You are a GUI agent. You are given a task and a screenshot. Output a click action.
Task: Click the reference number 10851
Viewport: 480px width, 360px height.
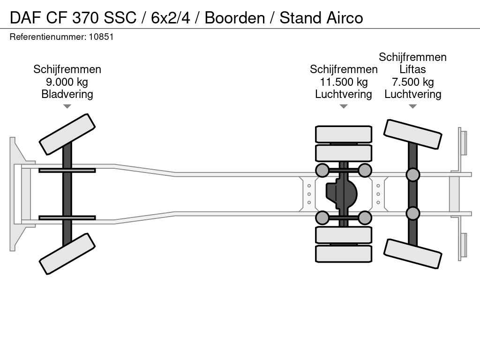pyautogui.click(x=101, y=37)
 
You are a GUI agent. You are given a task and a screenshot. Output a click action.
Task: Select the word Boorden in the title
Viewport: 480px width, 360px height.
pyautogui.click(x=235, y=18)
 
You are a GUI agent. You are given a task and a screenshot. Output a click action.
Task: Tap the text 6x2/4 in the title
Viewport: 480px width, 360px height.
pyautogui.click(x=171, y=18)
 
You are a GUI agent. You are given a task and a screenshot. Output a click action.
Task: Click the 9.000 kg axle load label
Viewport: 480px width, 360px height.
pyautogui.click(x=67, y=82)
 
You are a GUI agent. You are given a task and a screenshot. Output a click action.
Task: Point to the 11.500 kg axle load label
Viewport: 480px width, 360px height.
pyautogui.click(x=344, y=82)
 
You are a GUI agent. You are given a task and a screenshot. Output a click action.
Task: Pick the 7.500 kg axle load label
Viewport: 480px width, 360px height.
pyautogui.click(x=412, y=82)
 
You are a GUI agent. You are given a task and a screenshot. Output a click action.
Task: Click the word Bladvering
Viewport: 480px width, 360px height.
pyautogui.click(x=67, y=94)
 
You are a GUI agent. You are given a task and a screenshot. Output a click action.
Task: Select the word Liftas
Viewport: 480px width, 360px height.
pyautogui.click(x=412, y=69)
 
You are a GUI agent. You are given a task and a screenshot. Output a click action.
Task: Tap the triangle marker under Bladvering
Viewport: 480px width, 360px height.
pyautogui.click(x=67, y=106)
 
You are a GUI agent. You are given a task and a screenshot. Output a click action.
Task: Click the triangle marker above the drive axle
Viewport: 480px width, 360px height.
pyautogui.click(x=344, y=106)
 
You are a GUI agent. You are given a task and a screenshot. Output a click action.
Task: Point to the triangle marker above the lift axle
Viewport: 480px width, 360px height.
pyautogui.click(x=412, y=106)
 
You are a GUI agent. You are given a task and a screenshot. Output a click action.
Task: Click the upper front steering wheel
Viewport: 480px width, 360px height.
pyautogui.click(x=67, y=135)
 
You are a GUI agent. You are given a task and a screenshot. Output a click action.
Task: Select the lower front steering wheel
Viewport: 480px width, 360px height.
pyautogui.click(x=67, y=254)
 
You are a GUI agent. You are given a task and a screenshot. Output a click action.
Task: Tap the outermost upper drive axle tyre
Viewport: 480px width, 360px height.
pyautogui.click(x=344, y=134)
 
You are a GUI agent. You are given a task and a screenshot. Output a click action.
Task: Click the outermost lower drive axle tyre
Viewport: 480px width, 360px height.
pyautogui.click(x=344, y=254)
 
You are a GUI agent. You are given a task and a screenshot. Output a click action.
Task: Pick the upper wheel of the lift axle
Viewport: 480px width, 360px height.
pyautogui.click(x=412, y=135)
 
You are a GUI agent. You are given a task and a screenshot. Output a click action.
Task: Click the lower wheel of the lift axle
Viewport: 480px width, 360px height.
pyautogui.click(x=412, y=254)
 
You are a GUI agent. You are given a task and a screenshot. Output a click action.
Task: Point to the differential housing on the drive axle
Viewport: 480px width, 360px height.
pyautogui.click(x=342, y=194)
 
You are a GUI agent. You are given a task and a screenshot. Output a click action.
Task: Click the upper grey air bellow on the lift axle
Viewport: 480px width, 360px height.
pyautogui.click(x=412, y=174)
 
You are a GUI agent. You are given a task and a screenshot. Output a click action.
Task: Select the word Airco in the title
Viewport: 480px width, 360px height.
pyautogui.click(x=345, y=18)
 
